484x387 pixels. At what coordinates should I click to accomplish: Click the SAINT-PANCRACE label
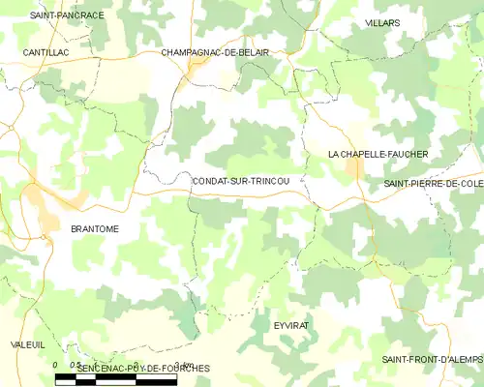(x=67, y=16)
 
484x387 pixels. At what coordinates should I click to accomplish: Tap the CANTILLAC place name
(x=46, y=52)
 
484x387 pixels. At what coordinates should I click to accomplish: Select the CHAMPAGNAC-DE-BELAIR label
(x=215, y=52)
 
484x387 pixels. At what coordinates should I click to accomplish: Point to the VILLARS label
(x=382, y=21)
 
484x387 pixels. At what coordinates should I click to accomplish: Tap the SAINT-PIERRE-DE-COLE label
(x=433, y=183)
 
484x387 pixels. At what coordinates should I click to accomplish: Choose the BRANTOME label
(x=95, y=228)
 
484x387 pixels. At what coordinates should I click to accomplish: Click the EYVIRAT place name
(x=290, y=326)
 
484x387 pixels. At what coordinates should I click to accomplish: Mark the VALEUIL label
(x=28, y=344)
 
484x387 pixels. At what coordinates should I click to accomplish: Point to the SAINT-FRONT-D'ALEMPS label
(x=431, y=360)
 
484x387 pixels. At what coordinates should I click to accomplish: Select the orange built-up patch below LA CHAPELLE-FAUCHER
(x=356, y=171)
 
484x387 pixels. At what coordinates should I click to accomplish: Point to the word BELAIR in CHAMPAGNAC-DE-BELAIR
(x=251, y=52)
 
